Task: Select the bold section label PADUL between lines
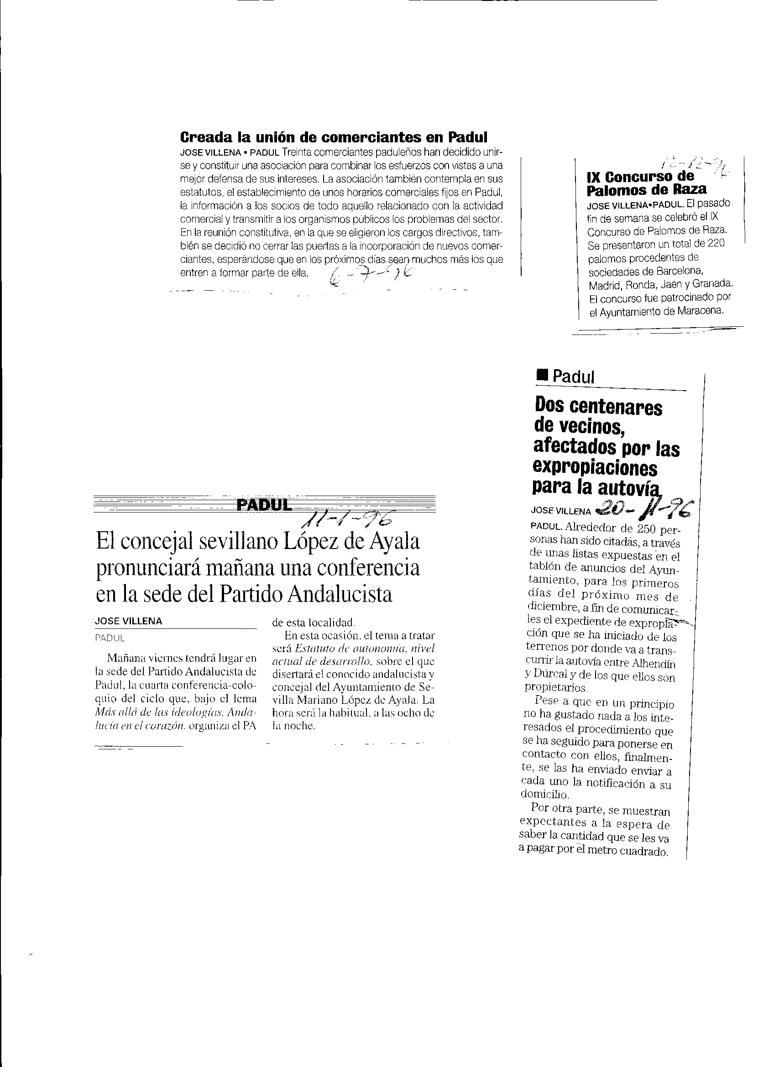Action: (264, 505)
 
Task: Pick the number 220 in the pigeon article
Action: (716, 244)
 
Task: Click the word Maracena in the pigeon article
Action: (700, 311)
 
